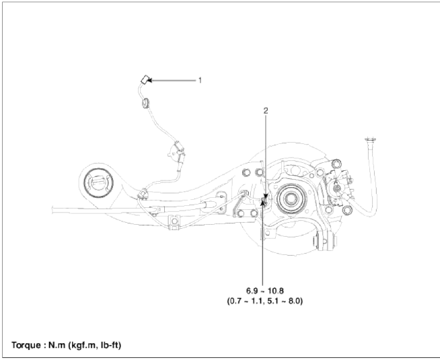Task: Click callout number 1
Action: [200, 81]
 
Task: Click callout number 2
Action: [266, 111]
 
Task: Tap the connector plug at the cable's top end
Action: [145, 79]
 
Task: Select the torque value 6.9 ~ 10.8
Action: [265, 291]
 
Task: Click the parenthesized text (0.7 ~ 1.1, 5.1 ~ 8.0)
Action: [265, 301]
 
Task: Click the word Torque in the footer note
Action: [26, 345]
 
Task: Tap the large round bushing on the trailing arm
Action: [98, 183]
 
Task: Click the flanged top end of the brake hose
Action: [370, 139]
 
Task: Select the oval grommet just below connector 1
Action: [145, 103]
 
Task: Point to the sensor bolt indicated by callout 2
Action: [264, 201]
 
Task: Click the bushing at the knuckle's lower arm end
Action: [325, 241]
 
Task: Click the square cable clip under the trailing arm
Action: [174, 222]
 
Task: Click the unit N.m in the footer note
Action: [57, 345]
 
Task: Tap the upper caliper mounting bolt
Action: [336, 164]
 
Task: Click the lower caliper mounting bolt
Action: [347, 210]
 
